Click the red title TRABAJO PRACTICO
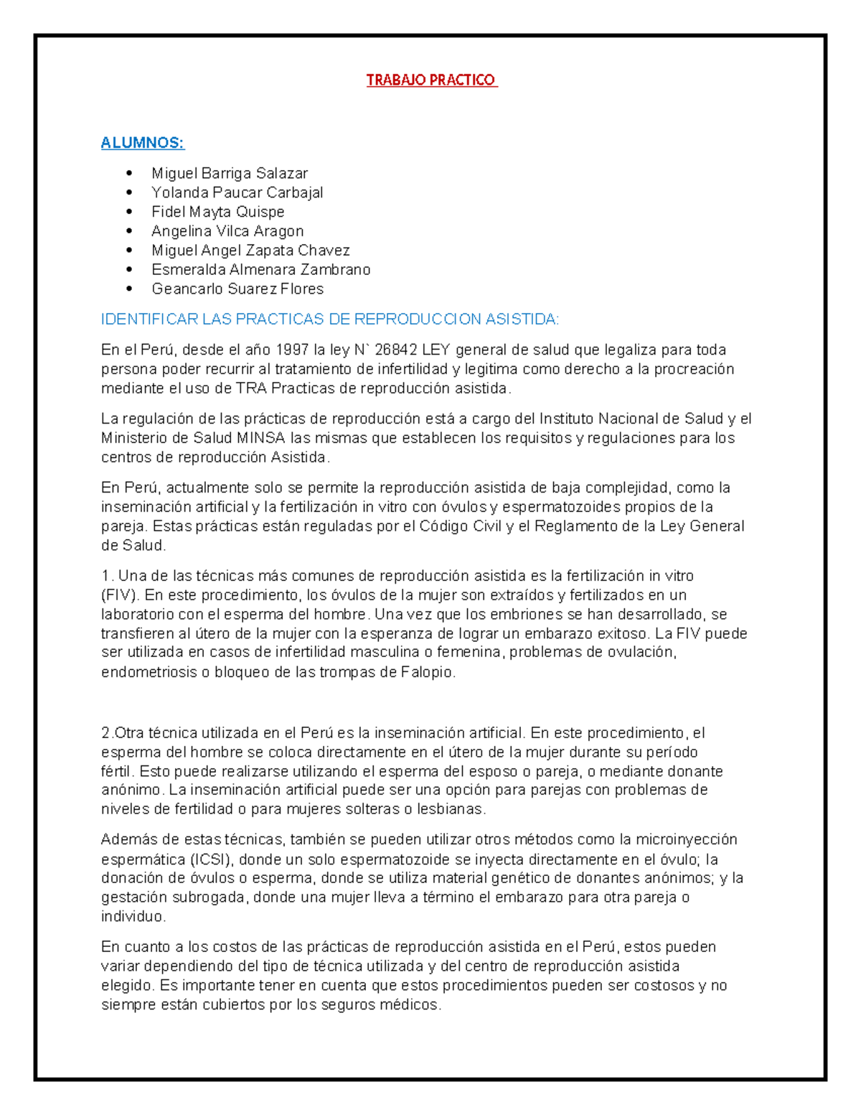coord(431,80)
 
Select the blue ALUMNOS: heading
coord(142,143)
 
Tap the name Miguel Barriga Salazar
coord(230,173)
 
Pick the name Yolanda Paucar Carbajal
coord(237,192)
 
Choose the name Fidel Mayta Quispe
coord(218,212)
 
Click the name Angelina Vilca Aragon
coord(227,231)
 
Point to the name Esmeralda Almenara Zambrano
coord(261,269)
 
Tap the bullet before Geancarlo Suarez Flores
coord(129,289)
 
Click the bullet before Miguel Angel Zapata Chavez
coord(129,250)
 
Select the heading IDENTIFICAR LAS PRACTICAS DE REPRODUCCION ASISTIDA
coord(330,319)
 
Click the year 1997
coord(292,350)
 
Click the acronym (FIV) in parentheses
coord(122,595)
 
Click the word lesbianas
coord(451,809)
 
